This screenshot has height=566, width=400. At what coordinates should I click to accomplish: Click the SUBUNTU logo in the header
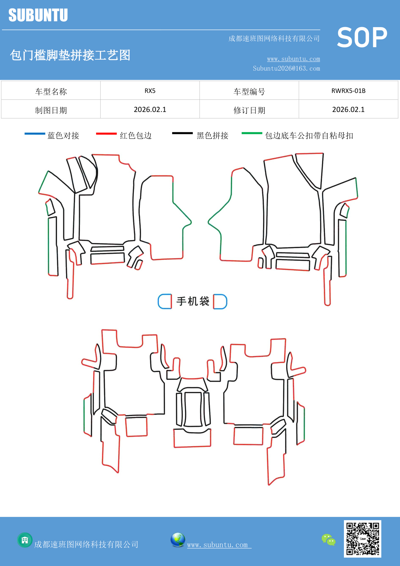(x=38, y=15)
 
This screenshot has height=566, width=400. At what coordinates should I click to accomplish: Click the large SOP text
(x=362, y=38)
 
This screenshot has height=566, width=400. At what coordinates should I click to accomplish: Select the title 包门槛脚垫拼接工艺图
(x=70, y=55)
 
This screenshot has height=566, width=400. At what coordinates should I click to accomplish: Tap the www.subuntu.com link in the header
(x=293, y=59)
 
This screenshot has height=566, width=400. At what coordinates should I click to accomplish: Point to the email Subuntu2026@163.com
(x=286, y=68)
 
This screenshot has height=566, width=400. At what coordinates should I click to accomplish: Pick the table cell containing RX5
(x=150, y=91)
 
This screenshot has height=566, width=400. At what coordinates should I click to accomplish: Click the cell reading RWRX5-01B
(x=348, y=91)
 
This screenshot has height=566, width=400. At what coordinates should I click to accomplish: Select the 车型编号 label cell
(x=249, y=92)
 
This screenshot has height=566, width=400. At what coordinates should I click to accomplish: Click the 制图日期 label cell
(x=51, y=110)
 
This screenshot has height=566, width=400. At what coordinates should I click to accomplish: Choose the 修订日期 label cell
(x=249, y=110)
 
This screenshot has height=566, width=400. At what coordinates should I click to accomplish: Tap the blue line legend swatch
(x=35, y=133)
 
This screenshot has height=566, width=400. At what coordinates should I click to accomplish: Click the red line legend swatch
(x=106, y=133)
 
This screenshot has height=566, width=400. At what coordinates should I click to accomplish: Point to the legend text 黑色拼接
(x=212, y=136)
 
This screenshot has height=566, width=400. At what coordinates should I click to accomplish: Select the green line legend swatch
(x=252, y=133)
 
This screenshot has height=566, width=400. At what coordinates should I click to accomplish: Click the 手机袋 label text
(x=193, y=301)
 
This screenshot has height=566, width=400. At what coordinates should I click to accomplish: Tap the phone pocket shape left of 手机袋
(x=165, y=301)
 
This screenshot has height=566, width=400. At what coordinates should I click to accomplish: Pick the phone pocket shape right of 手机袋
(x=220, y=301)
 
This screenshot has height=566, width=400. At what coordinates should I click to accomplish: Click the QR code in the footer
(x=362, y=539)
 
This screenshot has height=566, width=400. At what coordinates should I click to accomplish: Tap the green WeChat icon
(x=328, y=540)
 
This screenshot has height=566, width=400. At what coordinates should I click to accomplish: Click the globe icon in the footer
(x=178, y=540)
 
